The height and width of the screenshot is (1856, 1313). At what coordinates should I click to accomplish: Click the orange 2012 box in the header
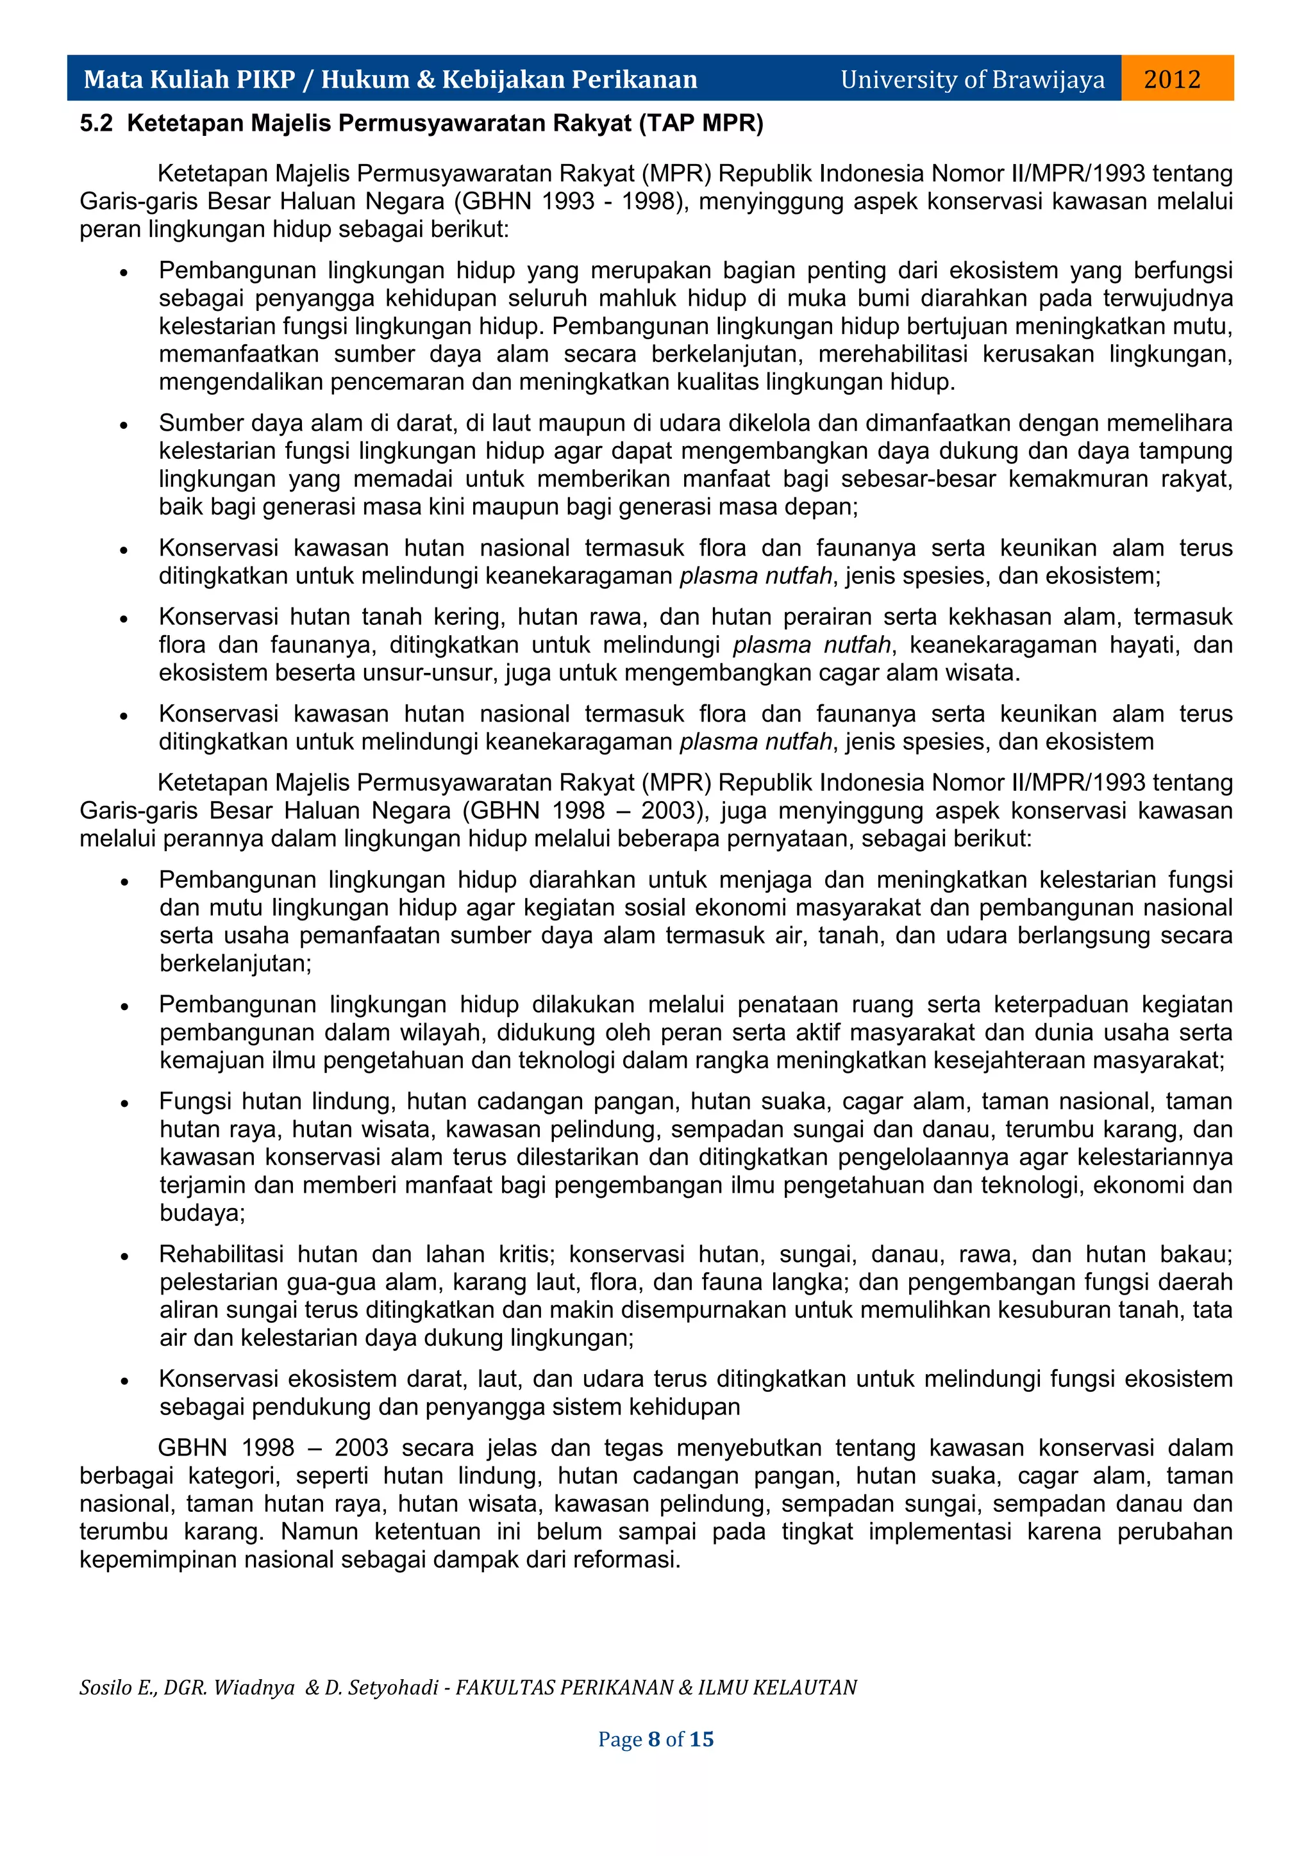1176,78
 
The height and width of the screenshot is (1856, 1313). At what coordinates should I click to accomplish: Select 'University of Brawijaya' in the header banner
972,79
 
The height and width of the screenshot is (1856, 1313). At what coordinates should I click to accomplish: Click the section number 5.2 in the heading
96,124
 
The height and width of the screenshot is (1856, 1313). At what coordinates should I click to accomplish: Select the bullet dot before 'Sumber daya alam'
124,424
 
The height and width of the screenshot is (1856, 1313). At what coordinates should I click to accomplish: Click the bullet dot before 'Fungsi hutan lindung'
124,1102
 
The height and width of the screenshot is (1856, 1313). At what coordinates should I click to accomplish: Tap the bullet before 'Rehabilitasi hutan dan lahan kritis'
124,1255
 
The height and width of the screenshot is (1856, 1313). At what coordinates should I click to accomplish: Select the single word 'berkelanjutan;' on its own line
235,963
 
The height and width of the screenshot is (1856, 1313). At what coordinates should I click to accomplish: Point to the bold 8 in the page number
654,1739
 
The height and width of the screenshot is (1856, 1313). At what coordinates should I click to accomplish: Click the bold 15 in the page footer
702,1739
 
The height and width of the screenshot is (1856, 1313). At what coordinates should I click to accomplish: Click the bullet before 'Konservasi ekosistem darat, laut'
124,1380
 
